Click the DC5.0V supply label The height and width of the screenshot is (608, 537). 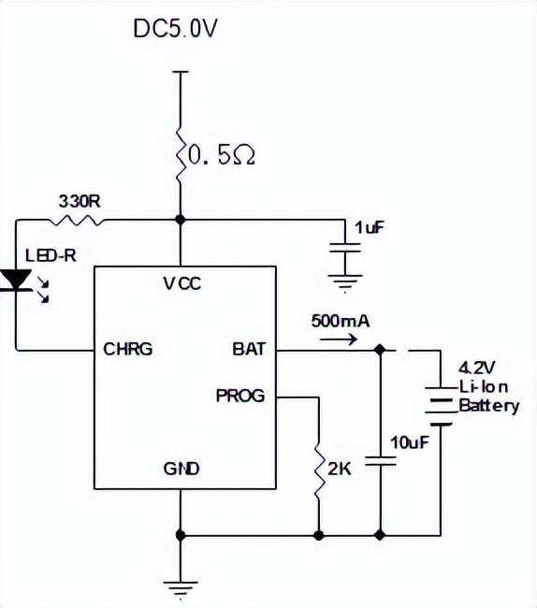(x=175, y=29)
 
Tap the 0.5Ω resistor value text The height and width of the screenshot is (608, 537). (x=222, y=156)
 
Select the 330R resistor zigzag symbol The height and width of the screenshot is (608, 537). (x=77, y=221)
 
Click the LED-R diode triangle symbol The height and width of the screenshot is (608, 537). (x=16, y=280)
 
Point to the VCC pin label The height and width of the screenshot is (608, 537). (x=182, y=283)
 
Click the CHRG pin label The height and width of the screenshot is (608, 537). (x=128, y=349)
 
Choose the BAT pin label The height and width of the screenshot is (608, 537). (x=249, y=349)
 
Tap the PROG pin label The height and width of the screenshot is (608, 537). (x=240, y=396)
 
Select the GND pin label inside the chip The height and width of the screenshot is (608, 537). (x=181, y=469)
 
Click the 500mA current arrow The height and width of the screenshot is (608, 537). (x=339, y=340)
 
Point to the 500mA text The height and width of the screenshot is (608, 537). (x=341, y=321)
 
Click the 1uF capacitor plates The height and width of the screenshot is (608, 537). (x=345, y=247)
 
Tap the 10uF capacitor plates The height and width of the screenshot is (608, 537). (x=381, y=460)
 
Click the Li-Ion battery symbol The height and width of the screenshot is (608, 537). (x=440, y=406)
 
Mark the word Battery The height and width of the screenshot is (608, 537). (x=489, y=406)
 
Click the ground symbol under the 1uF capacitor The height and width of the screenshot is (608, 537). (x=345, y=282)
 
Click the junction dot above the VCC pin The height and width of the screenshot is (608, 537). (x=181, y=220)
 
